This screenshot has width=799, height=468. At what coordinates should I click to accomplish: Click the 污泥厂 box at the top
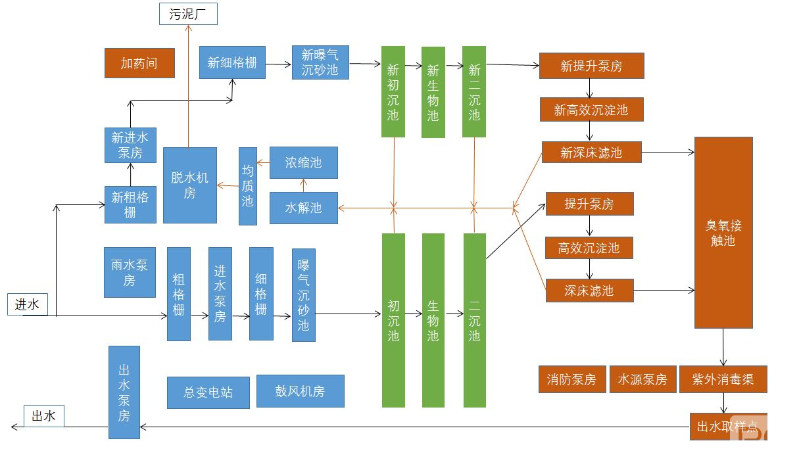(x=188, y=14)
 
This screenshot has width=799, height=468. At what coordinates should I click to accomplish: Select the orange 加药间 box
(x=139, y=63)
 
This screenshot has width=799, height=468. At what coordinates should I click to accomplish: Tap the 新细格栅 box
(x=232, y=62)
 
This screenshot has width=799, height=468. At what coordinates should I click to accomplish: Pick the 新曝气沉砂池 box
(x=320, y=62)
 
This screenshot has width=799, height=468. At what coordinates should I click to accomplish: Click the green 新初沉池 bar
(x=393, y=92)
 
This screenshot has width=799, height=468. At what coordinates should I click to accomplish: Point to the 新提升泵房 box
(x=591, y=66)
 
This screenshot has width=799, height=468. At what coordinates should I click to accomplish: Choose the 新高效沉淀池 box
(x=591, y=110)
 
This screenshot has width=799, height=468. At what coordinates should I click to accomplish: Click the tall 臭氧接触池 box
(x=723, y=232)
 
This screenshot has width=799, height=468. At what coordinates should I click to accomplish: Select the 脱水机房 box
(x=189, y=185)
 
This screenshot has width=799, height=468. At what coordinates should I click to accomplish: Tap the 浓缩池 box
(x=303, y=162)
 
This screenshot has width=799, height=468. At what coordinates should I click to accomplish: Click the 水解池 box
(x=303, y=208)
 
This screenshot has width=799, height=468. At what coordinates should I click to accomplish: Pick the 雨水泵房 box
(x=129, y=272)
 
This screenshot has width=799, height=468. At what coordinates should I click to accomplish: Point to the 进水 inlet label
(x=28, y=304)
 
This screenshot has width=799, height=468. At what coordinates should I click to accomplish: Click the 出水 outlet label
(x=44, y=415)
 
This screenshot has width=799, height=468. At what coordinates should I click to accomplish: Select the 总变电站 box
(x=208, y=392)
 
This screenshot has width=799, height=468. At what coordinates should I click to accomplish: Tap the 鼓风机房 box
(x=300, y=391)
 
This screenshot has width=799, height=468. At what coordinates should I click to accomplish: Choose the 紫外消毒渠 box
(x=723, y=379)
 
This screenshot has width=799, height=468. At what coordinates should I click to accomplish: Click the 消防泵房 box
(x=571, y=379)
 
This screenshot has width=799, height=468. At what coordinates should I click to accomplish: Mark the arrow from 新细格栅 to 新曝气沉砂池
(x=279, y=64)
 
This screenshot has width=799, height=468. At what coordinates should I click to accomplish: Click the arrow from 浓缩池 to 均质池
(x=263, y=162)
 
